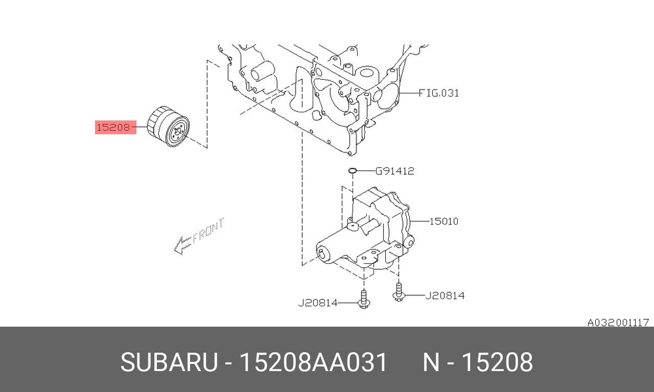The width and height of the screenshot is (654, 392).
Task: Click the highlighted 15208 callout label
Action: pos(114,127)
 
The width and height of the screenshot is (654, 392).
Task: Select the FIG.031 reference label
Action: pos(439,93)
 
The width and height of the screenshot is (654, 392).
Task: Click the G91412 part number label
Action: pos(394,172)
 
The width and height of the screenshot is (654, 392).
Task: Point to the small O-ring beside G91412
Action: pos(353,171)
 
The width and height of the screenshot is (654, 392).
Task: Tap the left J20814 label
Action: pos(318,302)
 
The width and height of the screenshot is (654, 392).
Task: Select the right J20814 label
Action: pos(445,295)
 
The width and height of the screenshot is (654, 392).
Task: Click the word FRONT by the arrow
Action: pos(208,230)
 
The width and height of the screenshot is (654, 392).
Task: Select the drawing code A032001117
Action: pos(617,322)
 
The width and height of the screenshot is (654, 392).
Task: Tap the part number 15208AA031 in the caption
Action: pos(315,362)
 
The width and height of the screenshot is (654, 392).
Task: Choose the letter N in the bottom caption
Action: pos(431,362)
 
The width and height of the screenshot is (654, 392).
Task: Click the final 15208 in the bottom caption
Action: pos(498,362)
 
